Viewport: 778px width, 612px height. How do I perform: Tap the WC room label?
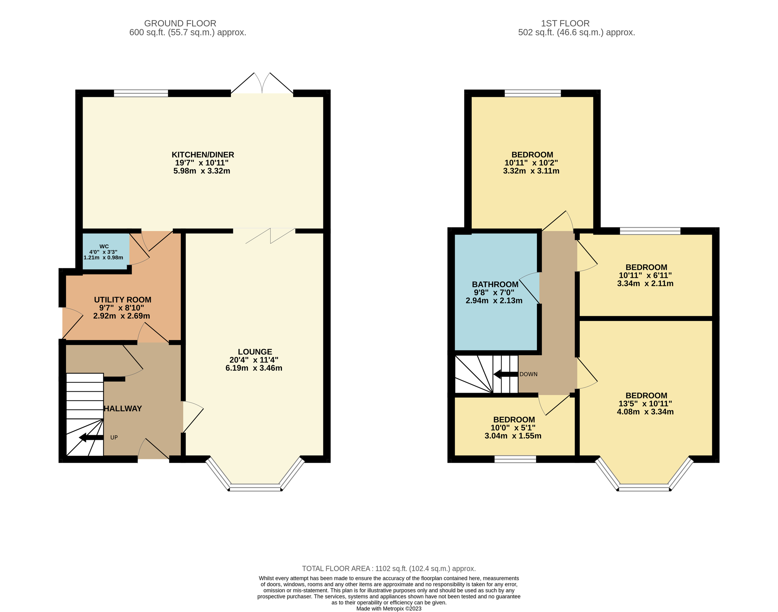coord(104,247)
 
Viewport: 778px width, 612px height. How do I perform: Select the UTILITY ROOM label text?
coord(122,300)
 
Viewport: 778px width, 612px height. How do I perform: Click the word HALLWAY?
coord(123,408)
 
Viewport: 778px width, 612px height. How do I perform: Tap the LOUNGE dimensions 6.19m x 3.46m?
coord(254,368)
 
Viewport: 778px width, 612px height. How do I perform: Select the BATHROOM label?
coord(495,284)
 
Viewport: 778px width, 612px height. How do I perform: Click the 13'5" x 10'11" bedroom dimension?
coord(645,404)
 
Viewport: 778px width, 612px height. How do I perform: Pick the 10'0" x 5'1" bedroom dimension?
coord(513,427)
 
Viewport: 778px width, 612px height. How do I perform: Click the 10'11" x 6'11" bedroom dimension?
coord(645,275)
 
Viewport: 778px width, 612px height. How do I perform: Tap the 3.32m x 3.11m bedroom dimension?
coord(531,171)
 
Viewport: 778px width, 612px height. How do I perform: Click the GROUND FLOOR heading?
coord(180,23)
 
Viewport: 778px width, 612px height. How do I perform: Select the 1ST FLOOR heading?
coord(565,23)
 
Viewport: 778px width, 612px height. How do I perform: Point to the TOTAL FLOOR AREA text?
coord(388,568)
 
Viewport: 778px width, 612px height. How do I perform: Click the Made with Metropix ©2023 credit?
coord(388,608)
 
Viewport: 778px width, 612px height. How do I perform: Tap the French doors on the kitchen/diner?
coord(262,85)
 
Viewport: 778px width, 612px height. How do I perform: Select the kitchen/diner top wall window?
coord(141,93)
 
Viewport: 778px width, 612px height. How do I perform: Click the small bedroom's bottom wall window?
coord(515,459)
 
